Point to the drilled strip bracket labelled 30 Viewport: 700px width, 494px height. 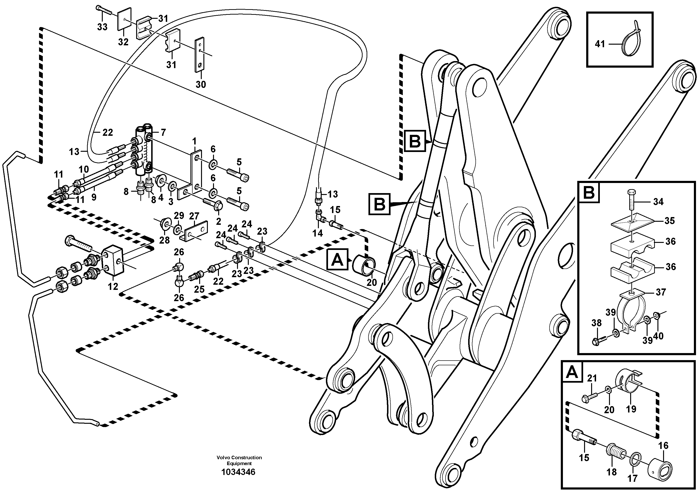(x=200, y=55)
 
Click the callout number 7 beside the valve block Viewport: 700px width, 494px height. (x=163, y=132)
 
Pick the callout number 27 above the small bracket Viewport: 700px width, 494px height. (x=194, y=216)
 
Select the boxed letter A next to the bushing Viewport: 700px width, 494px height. (x=337, y=260)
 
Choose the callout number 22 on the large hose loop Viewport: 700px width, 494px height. (x=107, y=132)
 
